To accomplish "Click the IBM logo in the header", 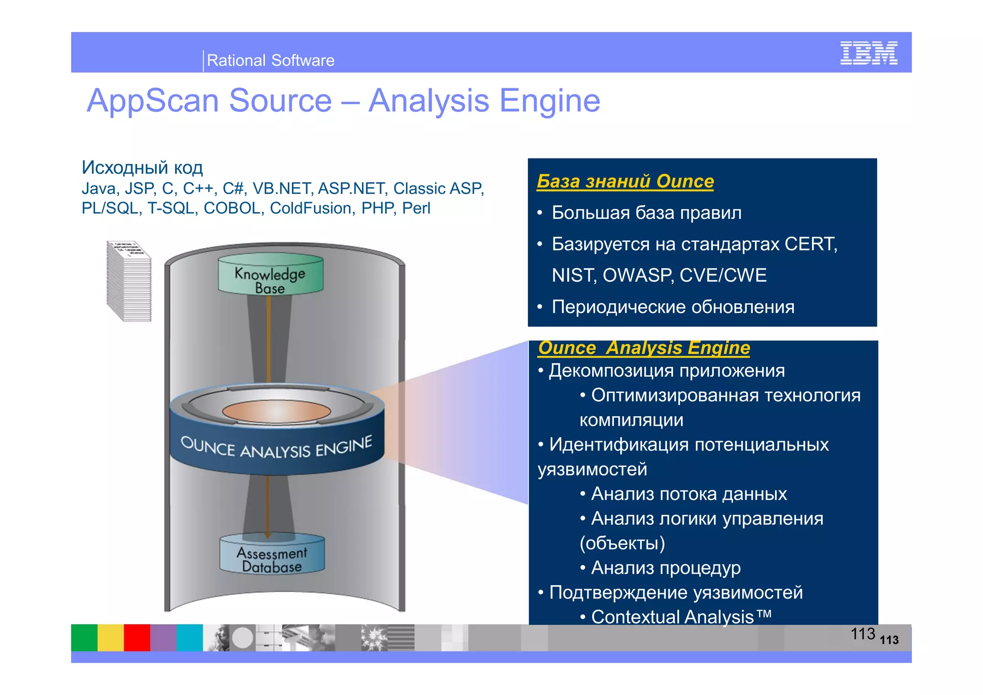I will point(868,53).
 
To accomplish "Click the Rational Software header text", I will point(270,60).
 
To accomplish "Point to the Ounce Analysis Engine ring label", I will point(276,448).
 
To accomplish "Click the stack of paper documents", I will point(129,281).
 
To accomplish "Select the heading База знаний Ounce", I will point(625,181).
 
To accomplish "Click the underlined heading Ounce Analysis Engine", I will point(644,347).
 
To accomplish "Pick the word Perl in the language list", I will point(416,208).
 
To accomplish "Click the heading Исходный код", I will point(142,168).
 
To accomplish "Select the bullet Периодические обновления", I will point(672,307).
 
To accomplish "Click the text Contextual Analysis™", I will point(681,617).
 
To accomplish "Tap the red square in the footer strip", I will point(137,637).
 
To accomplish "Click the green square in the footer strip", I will point(84,637).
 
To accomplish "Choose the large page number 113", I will point(863,634).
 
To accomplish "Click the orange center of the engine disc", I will point(276,411).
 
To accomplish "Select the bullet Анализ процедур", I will point(665,568).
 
